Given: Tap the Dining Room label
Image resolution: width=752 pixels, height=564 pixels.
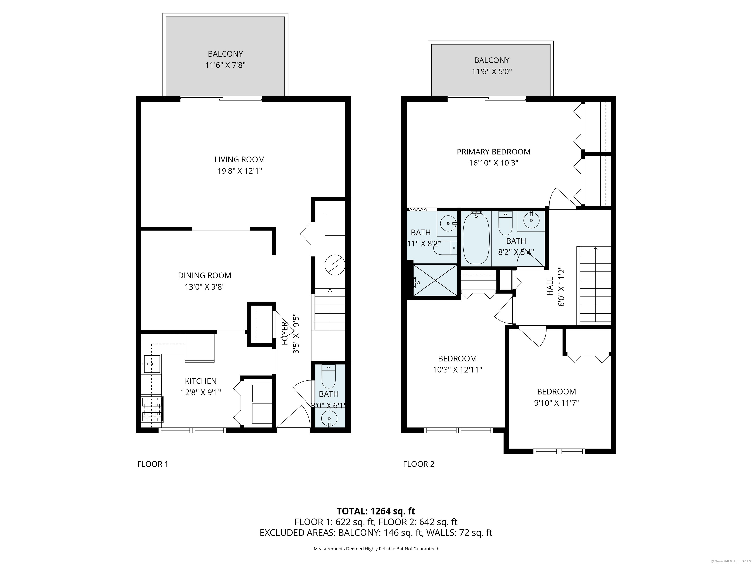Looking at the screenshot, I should point(204,275).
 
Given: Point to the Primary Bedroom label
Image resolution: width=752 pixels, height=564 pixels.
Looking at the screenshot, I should point(493,152).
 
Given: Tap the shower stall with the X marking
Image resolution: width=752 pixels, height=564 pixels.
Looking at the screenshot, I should point(435,281).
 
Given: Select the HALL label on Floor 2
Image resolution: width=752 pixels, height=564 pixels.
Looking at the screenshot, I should point(550,286).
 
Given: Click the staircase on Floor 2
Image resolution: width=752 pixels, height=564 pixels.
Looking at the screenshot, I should point(595,286).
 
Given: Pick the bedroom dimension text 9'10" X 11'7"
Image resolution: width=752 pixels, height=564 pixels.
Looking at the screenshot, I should point(556,403).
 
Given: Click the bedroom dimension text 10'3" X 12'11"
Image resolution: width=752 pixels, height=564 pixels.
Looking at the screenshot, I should point(457,370).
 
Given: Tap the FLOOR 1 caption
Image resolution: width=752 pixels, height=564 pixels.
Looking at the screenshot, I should point(153,464).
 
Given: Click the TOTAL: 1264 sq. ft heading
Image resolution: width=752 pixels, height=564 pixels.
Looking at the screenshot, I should point(376,511).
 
